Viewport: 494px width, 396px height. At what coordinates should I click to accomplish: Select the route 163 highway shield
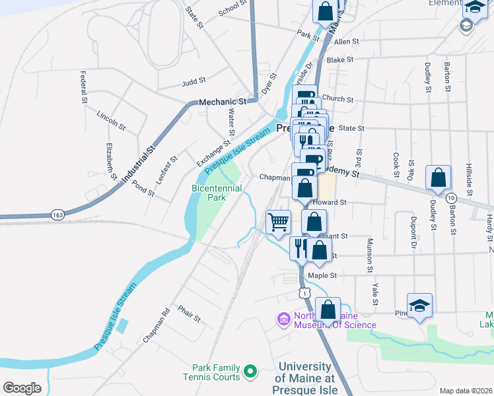click(x=57, y=214)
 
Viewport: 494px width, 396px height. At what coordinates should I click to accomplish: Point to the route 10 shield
click(x=451, y=198)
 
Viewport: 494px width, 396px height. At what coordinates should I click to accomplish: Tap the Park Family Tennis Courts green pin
click(x=250, y=373)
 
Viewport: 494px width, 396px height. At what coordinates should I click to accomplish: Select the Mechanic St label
click(x=223, y=102)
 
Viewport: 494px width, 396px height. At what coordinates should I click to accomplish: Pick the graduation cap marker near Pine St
click(x=419, y=305)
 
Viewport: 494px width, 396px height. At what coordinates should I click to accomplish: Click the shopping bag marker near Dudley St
click(x=439, y=177)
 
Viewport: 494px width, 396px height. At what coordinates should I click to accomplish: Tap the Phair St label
click(x=189, y=313)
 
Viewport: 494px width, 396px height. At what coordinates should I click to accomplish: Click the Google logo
click(x=22, y=388)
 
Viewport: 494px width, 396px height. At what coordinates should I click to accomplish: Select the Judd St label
click(x=194, y=82)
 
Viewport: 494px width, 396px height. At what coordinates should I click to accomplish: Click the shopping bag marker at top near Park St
click(x=325, y=11)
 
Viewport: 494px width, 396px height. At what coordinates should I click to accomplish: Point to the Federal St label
click(x=84, y=88)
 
